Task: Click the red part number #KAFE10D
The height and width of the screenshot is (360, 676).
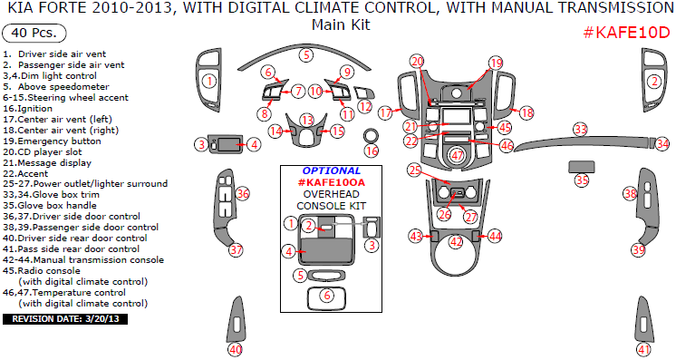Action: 626,32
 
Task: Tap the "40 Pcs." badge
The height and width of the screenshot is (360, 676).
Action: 34,33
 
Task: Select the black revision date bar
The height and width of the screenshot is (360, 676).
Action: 65,319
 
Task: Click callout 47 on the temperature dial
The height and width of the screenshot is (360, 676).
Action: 457,156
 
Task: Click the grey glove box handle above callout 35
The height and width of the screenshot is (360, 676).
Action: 582,167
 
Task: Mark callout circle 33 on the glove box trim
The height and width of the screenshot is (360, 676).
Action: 580,129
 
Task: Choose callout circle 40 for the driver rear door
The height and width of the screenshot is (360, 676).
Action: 236,349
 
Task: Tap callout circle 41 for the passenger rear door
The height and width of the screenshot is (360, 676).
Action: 643,349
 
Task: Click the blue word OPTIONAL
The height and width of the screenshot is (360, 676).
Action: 331,171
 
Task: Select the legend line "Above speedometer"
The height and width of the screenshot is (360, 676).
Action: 63,87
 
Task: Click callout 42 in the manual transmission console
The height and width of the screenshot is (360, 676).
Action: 456,242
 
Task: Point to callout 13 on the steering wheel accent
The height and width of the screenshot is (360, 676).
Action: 307,120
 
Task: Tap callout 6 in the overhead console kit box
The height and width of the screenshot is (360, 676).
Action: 327,296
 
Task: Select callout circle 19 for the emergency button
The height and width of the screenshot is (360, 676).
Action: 497,63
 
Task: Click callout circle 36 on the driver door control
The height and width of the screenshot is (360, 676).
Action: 243,194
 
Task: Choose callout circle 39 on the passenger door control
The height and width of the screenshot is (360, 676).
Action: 639,249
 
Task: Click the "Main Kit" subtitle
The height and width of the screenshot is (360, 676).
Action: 341,24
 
